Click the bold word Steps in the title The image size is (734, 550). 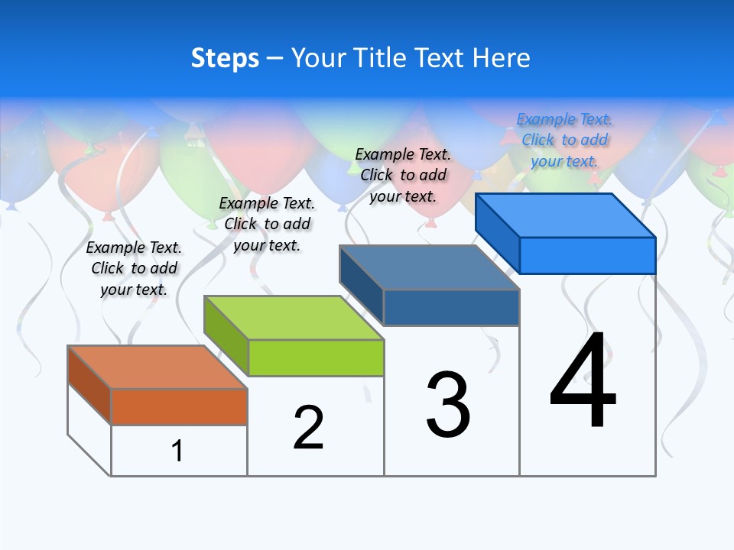pyautogui.click(x=225, y=58)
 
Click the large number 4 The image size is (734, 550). pyautogui.click(x=583, y=382)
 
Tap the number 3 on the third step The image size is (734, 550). pyautogui.click(x=448, y=405)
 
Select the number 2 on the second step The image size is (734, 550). pyautogui.click(x=308, y=428)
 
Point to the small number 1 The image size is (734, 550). pyautogui.click(x=177, y=451)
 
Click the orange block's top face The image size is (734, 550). pyautogui.click(x=158, y=367)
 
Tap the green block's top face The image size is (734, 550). pyautogui.click(x=294, y=317)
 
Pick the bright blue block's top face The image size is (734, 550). pyautogui.click(x=566, y=215)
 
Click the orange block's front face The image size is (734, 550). pyautogui.click(x=179, y=406)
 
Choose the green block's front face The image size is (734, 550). pyautogui.click(x=316, y=357)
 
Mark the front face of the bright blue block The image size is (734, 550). pyautogui.click(x=587, y=255)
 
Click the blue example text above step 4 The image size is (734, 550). pyautogui.click(x=564, y=141)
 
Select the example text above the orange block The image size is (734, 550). pyautogui.click(x=134, y=268)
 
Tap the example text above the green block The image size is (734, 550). pyautogui.click(x=267, y=224)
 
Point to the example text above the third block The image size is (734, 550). pyautogui.click(x=403, y=175)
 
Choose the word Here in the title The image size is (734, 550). pyautogui.click(x=501, y=58)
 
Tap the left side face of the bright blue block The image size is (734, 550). pyautogui.click(x=497, y=233)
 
